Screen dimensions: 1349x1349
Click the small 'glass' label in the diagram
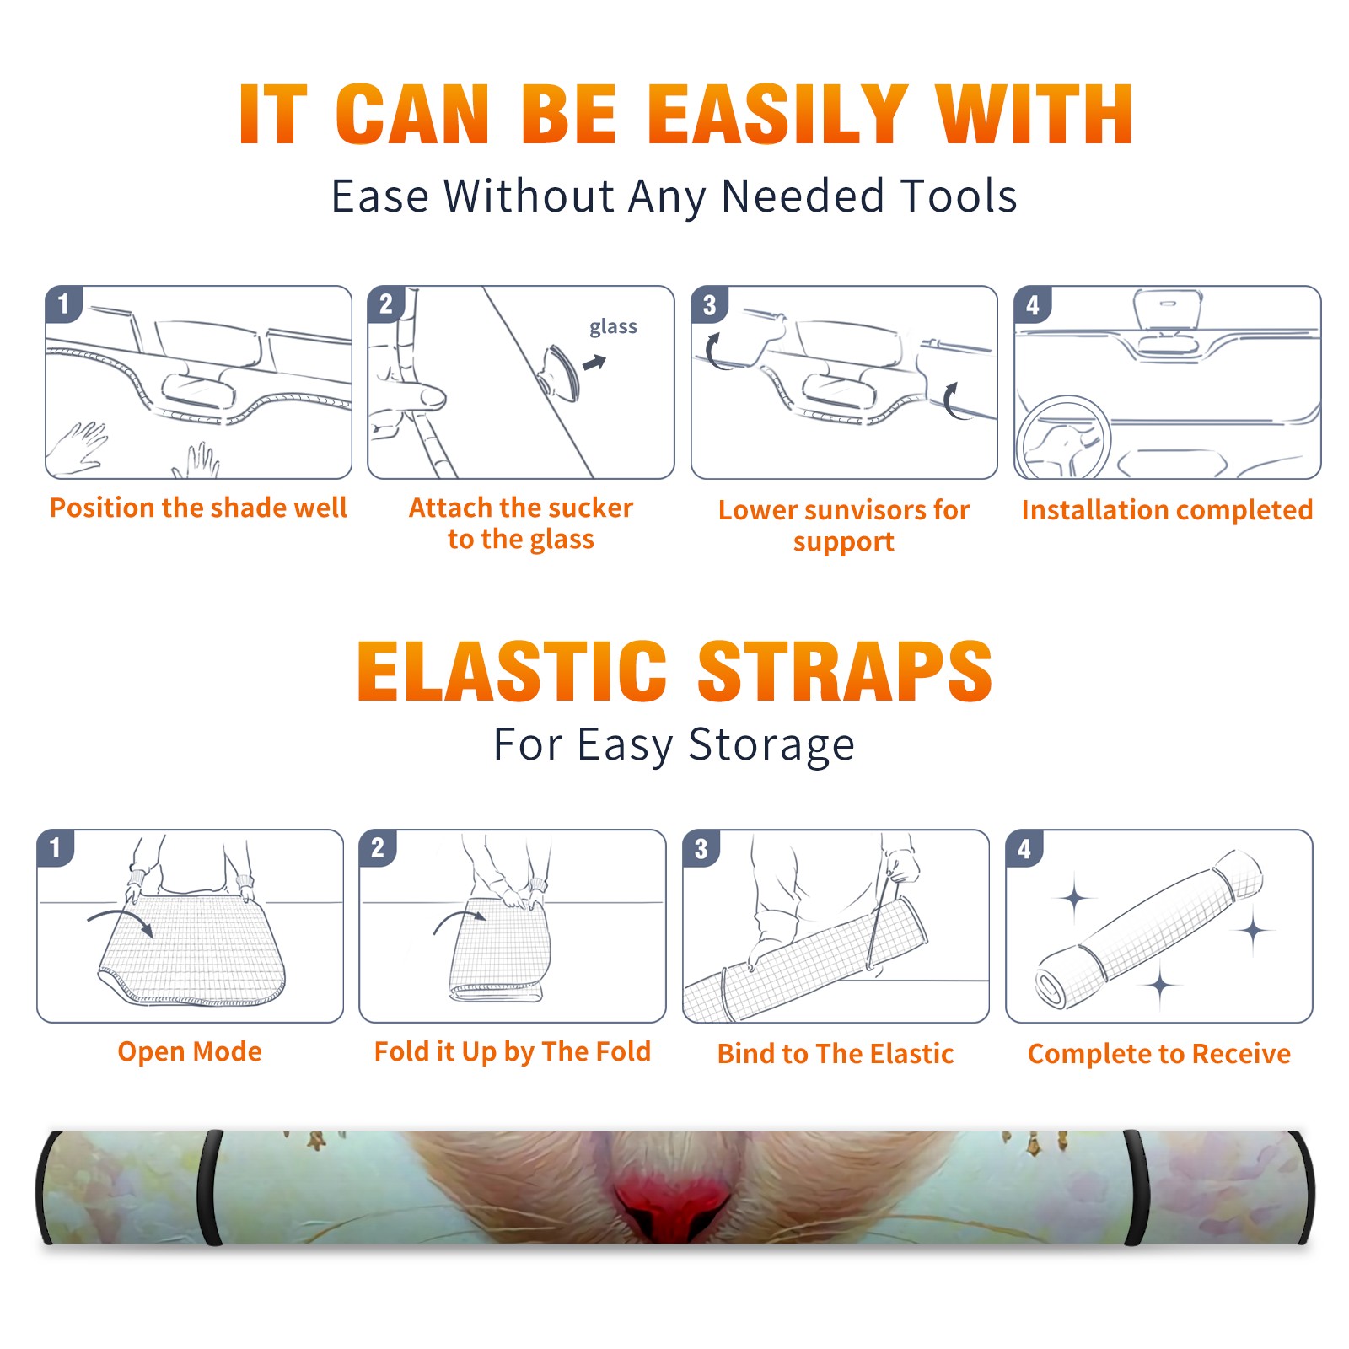(x=613, y=327)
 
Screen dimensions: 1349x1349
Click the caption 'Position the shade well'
(x=198, y=508)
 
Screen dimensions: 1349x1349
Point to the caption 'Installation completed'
(x=1167, y=510)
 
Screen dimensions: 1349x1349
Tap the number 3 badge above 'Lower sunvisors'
(x=709, y=304)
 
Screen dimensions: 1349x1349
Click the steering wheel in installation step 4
(x=1064, y=438)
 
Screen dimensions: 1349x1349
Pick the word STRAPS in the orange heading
(x=845, y=671)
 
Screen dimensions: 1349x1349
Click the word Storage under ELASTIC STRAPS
(x=771, y=745)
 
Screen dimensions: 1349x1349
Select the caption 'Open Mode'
(x=190, y=1051)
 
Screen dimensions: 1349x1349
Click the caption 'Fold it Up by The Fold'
(x=513, y=1052)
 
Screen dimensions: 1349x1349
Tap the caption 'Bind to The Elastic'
(x=836, y=1054)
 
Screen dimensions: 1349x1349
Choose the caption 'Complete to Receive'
(x=1159, y=1054)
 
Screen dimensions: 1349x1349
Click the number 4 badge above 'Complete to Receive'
(x=1024, y=848)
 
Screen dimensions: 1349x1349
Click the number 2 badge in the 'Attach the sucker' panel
(x=386, y=304)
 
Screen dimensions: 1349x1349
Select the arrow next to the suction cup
(x=595, y=363)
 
